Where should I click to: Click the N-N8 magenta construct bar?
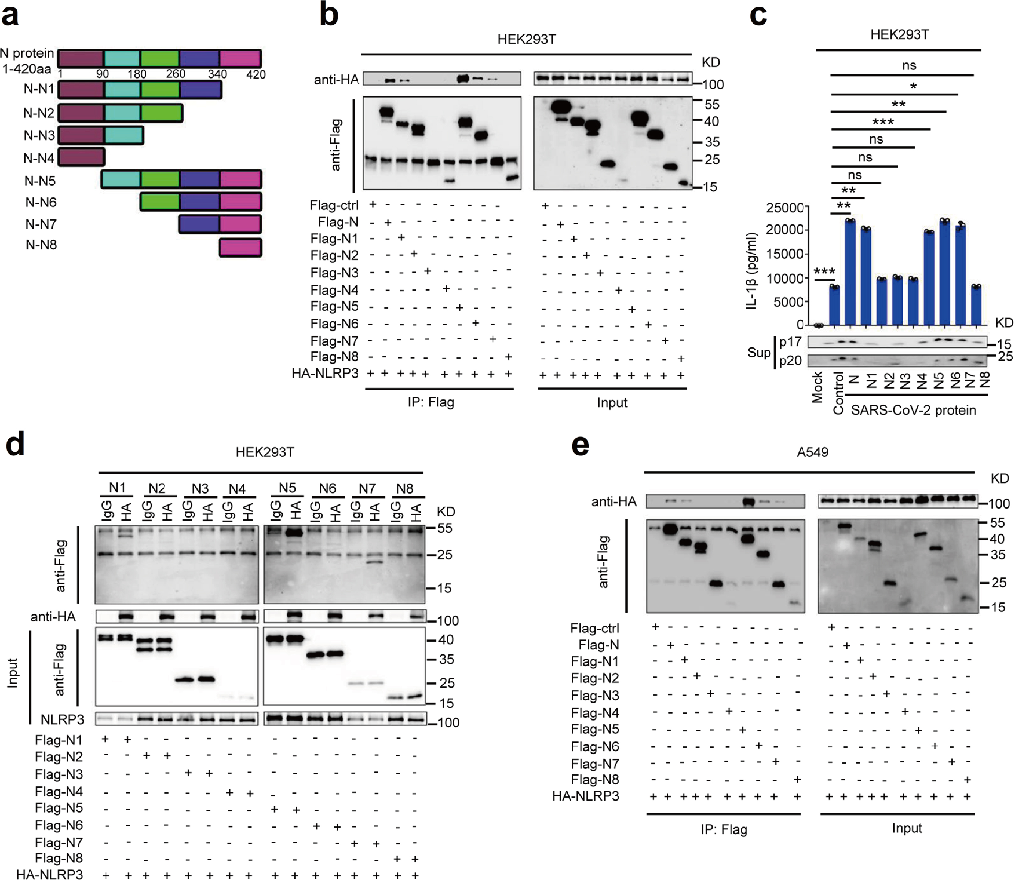(x=240, y=248)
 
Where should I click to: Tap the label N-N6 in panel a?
(x=41, y=202)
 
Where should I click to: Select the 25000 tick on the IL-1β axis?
(x=785, y=208)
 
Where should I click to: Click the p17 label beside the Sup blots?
(x=790, y=342)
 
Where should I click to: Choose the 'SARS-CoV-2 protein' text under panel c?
(x=913, y=410)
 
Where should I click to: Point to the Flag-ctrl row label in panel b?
(x=334, y=205)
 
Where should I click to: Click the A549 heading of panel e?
(x=812, y=452)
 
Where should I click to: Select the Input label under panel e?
(x=906, y=828)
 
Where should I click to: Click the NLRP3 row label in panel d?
(x=62, y=719)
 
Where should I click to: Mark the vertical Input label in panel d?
(x=13, y=673)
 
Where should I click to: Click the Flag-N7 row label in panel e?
(x=595, y=764)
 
